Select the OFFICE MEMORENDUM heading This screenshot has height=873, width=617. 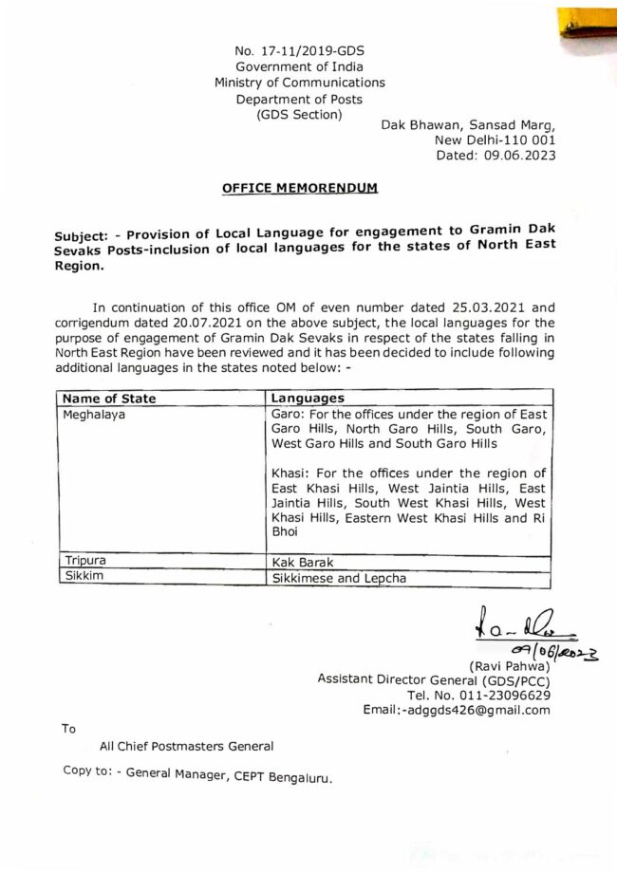tap(299, 189)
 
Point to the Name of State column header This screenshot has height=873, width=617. tap(108, 399)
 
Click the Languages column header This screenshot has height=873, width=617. tap(308, 399)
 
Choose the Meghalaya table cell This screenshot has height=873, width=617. tap(95, 416)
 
